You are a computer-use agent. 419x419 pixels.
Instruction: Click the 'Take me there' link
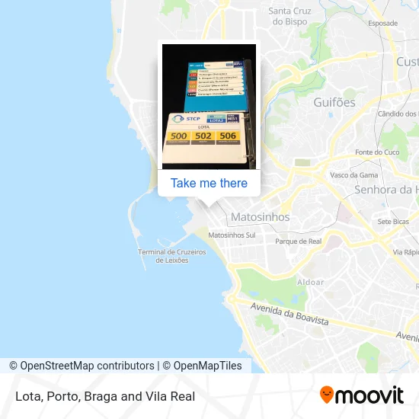[209, 183]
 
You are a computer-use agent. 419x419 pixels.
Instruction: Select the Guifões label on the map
[334, 102]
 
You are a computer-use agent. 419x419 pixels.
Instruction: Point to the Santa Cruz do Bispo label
[289, 16]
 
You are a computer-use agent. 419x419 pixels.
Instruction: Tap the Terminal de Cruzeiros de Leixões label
[171, 256]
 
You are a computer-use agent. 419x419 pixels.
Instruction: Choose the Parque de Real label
[298, 241]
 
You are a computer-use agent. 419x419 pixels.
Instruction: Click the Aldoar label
[310, 282]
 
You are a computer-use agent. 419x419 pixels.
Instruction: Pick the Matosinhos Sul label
[232, 235]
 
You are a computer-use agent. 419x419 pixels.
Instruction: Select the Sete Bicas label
[393, 222]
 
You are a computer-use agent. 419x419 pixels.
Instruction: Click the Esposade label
[382, 24]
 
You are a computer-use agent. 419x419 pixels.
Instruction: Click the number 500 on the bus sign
[178, 136]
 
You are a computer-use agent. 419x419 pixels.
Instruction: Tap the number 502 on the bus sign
[203, 136]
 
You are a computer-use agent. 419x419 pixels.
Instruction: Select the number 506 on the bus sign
[227, 135]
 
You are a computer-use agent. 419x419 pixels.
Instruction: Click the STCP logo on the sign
[186, 119]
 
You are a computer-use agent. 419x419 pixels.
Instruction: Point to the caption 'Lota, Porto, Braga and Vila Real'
[104, 396]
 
